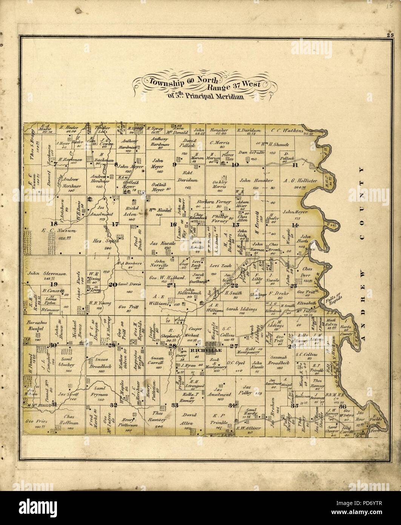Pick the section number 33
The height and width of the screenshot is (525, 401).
[x=174, y=405]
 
